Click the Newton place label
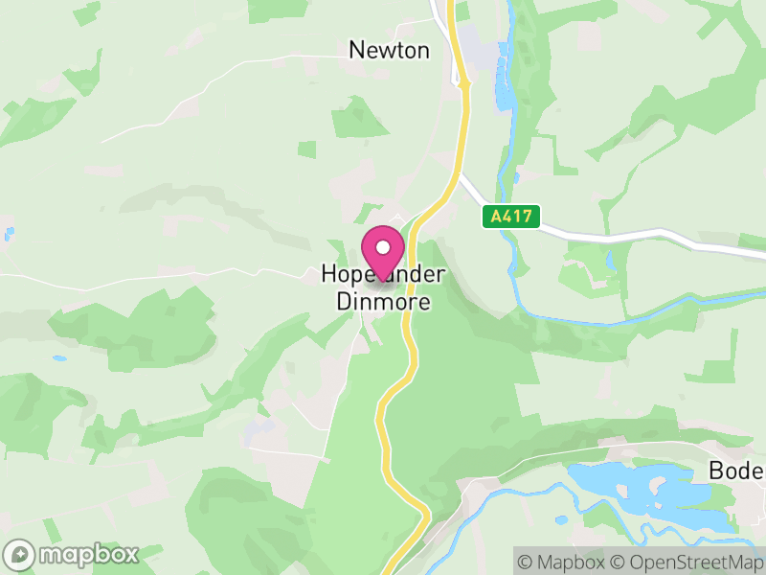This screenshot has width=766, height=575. coord(389,50)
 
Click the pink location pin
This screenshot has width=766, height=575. coord(383,252)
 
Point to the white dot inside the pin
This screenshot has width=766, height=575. coord(383,246)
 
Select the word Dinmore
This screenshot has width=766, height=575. coord(383,301)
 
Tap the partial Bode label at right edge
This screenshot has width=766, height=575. coord(735,471)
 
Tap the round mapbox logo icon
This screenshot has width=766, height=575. coord(19,555)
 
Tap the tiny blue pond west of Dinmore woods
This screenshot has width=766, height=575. coord(59,359)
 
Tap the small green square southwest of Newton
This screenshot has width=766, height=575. coord(306,149)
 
